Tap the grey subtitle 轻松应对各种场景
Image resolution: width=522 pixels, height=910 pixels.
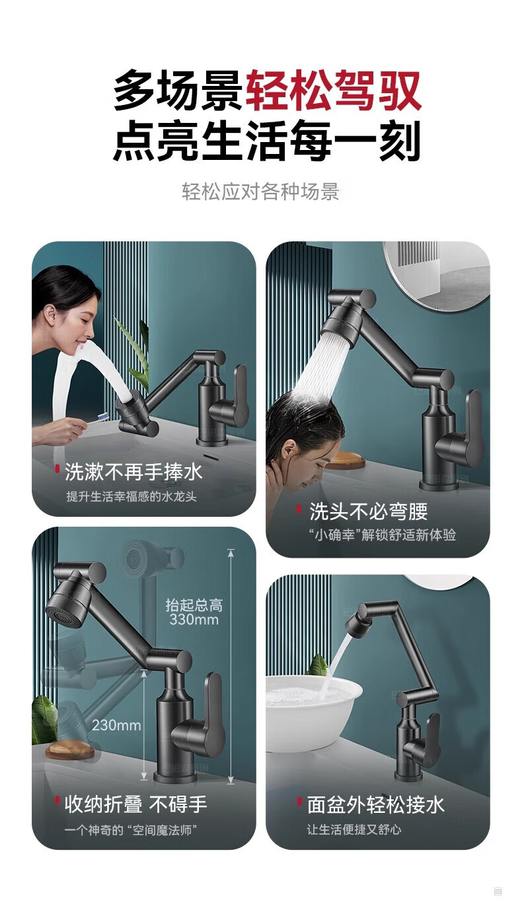click(x=260, y=192)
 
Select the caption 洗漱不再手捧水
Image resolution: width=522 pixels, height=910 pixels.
click(x=133, y=472)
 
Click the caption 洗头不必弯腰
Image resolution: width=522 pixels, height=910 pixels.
click(x=369, y=511)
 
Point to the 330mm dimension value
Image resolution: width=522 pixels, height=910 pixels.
click(x=194, y=619)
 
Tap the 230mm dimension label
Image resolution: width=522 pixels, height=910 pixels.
click(x=116, y=725)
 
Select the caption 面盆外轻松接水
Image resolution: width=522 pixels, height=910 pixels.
click(x=376, y=805)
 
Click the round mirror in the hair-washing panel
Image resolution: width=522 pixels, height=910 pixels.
click(x=437, y=276)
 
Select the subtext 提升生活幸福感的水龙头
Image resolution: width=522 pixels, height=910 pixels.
click(x=131, y=496)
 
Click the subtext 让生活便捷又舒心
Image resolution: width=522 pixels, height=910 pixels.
click(x=354, y=829)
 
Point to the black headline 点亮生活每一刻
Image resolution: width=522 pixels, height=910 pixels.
click(x=266, y=141)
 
